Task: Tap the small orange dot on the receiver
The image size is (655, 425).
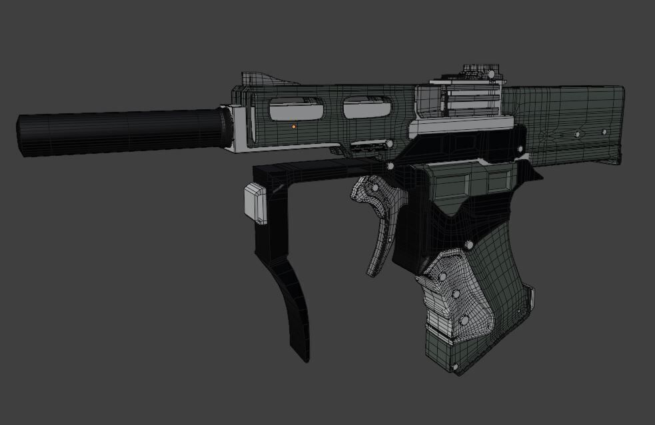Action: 293,126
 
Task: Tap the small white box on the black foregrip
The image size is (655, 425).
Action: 255,203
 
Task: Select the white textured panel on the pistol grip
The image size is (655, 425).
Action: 453,293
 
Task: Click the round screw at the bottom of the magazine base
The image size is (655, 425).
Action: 454,366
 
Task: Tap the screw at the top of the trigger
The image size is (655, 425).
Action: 390,166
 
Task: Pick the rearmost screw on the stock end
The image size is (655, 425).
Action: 604,132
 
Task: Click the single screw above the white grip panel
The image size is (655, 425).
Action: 469,245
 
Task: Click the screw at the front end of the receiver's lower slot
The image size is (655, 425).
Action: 388,143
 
